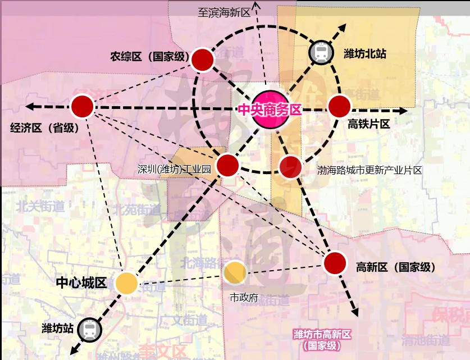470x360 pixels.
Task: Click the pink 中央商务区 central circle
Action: point(270,110)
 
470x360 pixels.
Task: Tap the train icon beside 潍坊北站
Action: point(321,52)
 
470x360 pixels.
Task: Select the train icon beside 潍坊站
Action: point(89,330)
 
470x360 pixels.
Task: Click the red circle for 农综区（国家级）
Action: point(203,60)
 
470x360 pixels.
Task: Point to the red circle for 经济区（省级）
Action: point(82,107)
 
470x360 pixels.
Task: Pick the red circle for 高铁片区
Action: point(339,106)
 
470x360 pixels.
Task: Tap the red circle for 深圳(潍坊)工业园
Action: point(227,165)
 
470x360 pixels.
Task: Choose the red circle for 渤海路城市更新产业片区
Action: point(290,167)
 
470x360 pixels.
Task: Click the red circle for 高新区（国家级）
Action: point(335,263)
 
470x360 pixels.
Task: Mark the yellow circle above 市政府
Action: point(234,272)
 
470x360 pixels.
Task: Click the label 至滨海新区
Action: point(223,13)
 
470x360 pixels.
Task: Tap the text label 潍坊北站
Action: point(365,53)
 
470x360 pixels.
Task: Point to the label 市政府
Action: point(244,297)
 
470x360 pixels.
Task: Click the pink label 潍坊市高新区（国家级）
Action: point(322,340)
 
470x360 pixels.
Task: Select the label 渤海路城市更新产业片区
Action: point(369,170)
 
